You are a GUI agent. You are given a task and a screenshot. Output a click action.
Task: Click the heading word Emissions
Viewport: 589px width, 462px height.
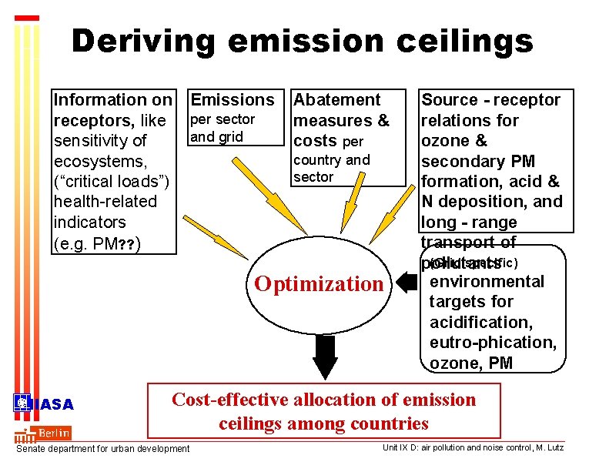(x=233, y=99)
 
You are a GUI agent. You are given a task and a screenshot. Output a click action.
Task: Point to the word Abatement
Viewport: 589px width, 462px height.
(x=337, y=99)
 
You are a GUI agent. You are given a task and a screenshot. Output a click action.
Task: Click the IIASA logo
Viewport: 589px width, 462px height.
(x=44, y=404)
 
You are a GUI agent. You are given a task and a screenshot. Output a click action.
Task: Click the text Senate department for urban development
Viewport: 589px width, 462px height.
(x=102, y=449)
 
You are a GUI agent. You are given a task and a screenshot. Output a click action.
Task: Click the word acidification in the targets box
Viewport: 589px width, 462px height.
(x=481, y=322)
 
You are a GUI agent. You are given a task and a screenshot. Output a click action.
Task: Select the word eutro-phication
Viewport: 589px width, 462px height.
(x=493, y=342)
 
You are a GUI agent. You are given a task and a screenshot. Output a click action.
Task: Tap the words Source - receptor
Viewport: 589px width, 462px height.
(x=491, y=99)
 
